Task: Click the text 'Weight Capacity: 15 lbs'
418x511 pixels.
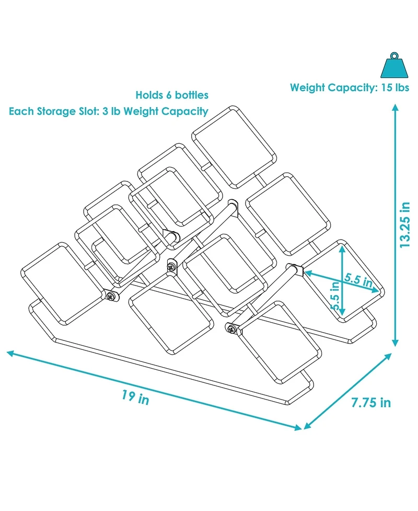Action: [x=350, y=88]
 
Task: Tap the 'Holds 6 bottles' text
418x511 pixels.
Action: [x=172, y=95]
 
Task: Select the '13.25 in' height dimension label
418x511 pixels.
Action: [x=405, y=225]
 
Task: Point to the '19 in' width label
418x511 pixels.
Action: [x=135, y=398]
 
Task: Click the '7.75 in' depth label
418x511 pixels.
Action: [x=371, y=403]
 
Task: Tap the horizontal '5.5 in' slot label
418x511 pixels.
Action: [x=358, y=280]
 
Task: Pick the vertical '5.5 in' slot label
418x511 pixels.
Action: [x=335, y=296]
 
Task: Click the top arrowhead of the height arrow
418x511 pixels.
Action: [x=395, y=108]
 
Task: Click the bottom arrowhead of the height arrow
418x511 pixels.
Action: [x=395, y=343]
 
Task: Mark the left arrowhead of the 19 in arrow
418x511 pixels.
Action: [x=10, y=353]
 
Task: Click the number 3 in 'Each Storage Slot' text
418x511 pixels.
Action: [x=105, y=111]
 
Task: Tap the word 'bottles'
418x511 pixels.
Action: [x=192, y=95]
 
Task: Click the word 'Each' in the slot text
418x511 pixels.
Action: [x=21, y=111]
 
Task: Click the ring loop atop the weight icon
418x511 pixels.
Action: [x=394, y=55]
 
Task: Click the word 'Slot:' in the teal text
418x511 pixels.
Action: [x=88, y=111]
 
